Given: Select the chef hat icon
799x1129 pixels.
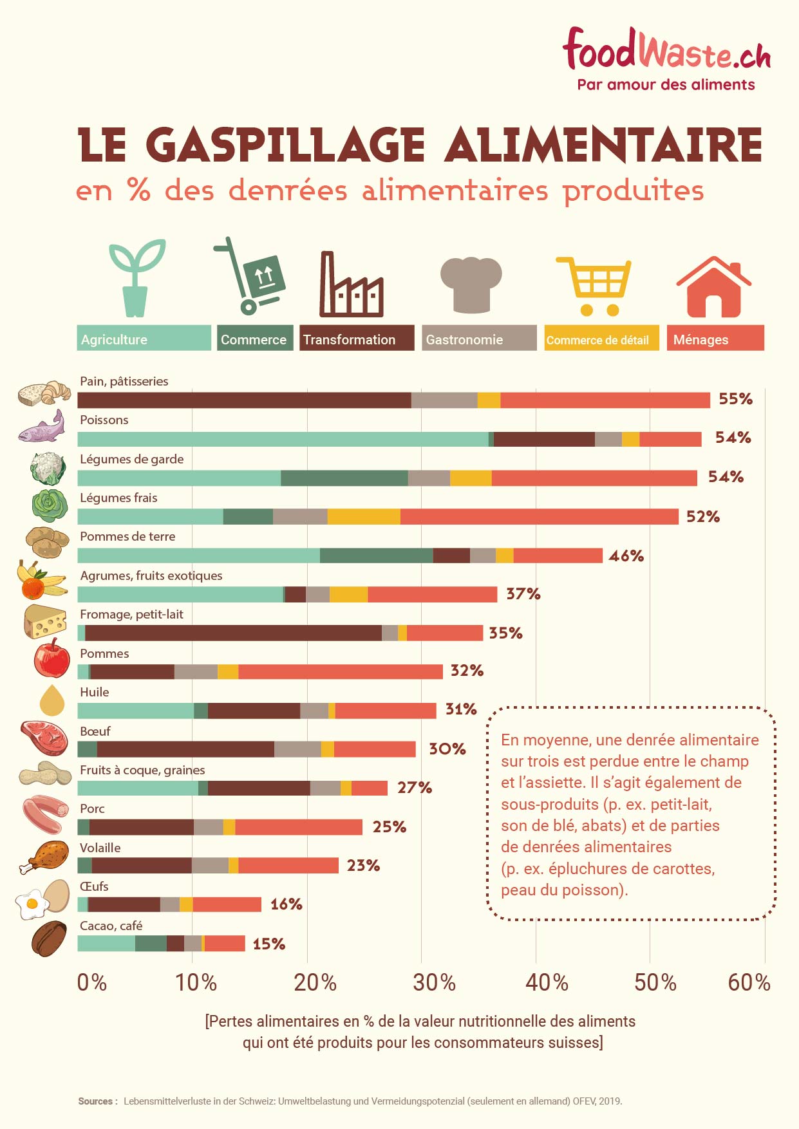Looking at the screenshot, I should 471,284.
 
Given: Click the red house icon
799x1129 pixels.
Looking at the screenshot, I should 713,287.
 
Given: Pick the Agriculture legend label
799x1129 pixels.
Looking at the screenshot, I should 144,339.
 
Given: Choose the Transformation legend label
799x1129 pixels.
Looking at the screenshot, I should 356,339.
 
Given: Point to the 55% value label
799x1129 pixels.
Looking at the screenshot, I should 735,399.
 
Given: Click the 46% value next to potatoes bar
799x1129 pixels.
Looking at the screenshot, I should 626,555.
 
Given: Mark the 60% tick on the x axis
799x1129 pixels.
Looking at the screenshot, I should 749,983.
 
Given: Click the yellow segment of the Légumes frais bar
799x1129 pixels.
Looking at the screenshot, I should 364,516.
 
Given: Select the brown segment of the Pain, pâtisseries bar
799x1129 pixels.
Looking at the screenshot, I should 244,400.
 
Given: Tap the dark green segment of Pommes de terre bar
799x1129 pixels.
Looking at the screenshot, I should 376,555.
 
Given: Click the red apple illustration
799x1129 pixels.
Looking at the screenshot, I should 52,658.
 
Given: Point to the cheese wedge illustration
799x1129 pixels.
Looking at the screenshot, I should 44,621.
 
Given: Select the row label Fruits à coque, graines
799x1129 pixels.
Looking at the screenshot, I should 142,770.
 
